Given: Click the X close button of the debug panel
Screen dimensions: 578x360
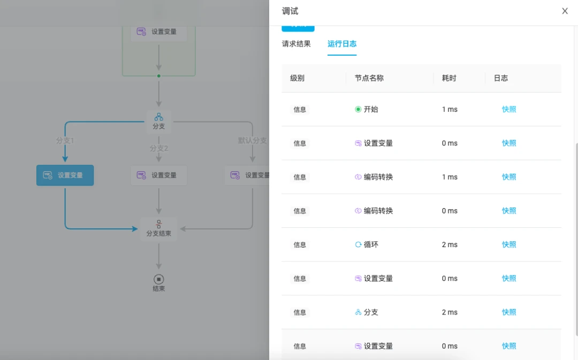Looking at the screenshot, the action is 565,11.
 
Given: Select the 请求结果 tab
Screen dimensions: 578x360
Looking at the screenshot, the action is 296,44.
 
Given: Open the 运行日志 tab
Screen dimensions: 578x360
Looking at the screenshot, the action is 342,44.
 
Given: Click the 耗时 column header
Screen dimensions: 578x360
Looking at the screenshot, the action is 449,78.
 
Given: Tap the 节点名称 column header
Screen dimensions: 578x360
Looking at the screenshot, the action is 369,78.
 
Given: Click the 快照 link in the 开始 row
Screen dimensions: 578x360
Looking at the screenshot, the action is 509,110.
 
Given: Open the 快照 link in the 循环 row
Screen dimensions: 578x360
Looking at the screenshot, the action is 509,244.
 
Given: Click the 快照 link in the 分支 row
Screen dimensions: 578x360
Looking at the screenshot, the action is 509,312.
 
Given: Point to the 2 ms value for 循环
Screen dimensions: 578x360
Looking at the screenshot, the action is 450,244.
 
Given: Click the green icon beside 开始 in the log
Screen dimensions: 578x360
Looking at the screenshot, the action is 358,110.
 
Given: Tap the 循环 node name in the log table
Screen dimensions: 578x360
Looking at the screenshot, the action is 371,244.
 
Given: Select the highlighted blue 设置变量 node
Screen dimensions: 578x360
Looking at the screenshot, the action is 65,175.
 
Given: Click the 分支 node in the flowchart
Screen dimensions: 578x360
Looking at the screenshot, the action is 159,121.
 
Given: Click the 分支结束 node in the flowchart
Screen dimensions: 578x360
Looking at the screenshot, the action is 159,229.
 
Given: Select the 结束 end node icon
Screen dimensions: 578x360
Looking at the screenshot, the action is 159,279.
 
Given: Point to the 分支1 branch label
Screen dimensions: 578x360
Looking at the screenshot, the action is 65,140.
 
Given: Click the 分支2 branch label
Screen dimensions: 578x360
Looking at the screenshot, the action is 159,148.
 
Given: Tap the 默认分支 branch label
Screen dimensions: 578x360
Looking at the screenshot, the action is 253,140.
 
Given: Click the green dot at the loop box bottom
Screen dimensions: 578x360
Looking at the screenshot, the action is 159,76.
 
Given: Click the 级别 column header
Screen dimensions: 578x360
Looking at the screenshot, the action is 297,78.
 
